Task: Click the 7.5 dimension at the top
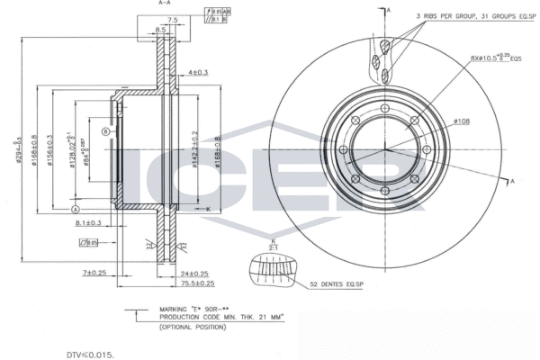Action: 172,19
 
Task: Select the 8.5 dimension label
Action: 160,31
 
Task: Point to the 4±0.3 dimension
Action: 198,72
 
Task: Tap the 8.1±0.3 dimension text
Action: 87,221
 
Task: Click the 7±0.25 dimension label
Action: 94,272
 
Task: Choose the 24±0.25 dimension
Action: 193,274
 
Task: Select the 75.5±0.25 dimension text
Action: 195,283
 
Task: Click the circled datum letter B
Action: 105,132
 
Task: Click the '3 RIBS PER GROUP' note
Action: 467,16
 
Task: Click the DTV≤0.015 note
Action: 90,355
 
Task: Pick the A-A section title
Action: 165,4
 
